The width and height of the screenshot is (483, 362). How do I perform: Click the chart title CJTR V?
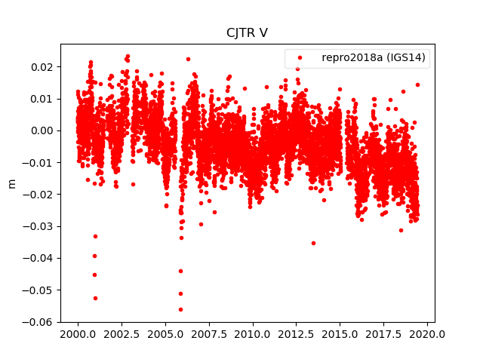tap(247, 32)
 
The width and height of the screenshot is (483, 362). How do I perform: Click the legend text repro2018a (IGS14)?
tap(375, 58)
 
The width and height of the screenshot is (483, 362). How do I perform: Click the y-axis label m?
tap(11, 183)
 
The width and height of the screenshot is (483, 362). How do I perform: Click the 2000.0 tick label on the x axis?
tap(78, 334)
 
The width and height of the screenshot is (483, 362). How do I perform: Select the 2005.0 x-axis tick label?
tap(165, 334)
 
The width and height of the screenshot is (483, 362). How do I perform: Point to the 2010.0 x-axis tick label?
tap(253, 334)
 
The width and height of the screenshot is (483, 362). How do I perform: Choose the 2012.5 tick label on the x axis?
tap(297, 334)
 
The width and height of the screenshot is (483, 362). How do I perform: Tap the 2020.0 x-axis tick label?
tap(428, 334)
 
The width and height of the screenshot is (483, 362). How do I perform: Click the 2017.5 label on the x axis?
tap(384, 334)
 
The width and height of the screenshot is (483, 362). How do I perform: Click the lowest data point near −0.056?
tap(180, 309)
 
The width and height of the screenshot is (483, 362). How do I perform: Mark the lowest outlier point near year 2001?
tap(95, 298)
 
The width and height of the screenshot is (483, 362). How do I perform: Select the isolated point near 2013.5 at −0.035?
tap(313, 243)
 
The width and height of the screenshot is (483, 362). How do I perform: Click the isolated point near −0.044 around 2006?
tap(180, 271)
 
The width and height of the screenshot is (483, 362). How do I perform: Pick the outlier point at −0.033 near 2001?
tap(95, 236)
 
